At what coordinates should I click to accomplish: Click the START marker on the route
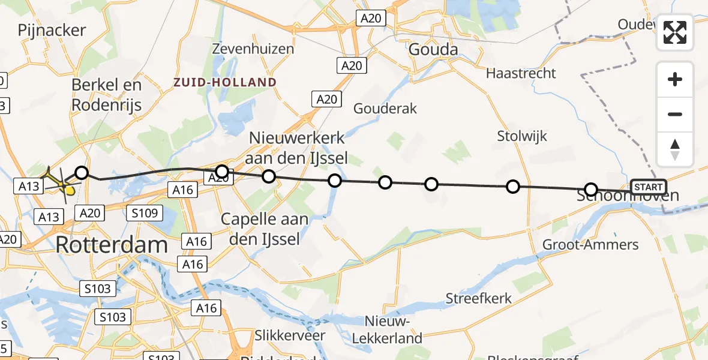[x=649, y=187]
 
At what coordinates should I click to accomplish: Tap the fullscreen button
[x=675, y=32]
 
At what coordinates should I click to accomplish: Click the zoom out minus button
[x=675, y=114]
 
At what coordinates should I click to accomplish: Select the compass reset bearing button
[x=675, y=149]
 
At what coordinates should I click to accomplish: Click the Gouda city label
[x=433, y=50]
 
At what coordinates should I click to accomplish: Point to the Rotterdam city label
[x=112, y=245]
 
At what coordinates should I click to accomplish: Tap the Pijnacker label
[x=52, y=30]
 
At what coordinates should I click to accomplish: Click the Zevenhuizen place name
[x=253, y=49]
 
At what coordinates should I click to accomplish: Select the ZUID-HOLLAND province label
[x=225, y=82]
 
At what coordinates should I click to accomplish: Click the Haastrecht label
[x=521, y=73]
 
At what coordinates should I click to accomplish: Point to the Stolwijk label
[x=522, y=136]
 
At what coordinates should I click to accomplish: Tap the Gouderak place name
[x=385, y=109]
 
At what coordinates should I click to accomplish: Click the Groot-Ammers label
[x=590, y=245]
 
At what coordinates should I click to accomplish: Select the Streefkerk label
[x=478, y=298]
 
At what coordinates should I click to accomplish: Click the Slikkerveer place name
[x=289, y=335]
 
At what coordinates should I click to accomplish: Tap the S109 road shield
[x=145, y=212]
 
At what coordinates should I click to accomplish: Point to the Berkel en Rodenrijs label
[x=106, y=95]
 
